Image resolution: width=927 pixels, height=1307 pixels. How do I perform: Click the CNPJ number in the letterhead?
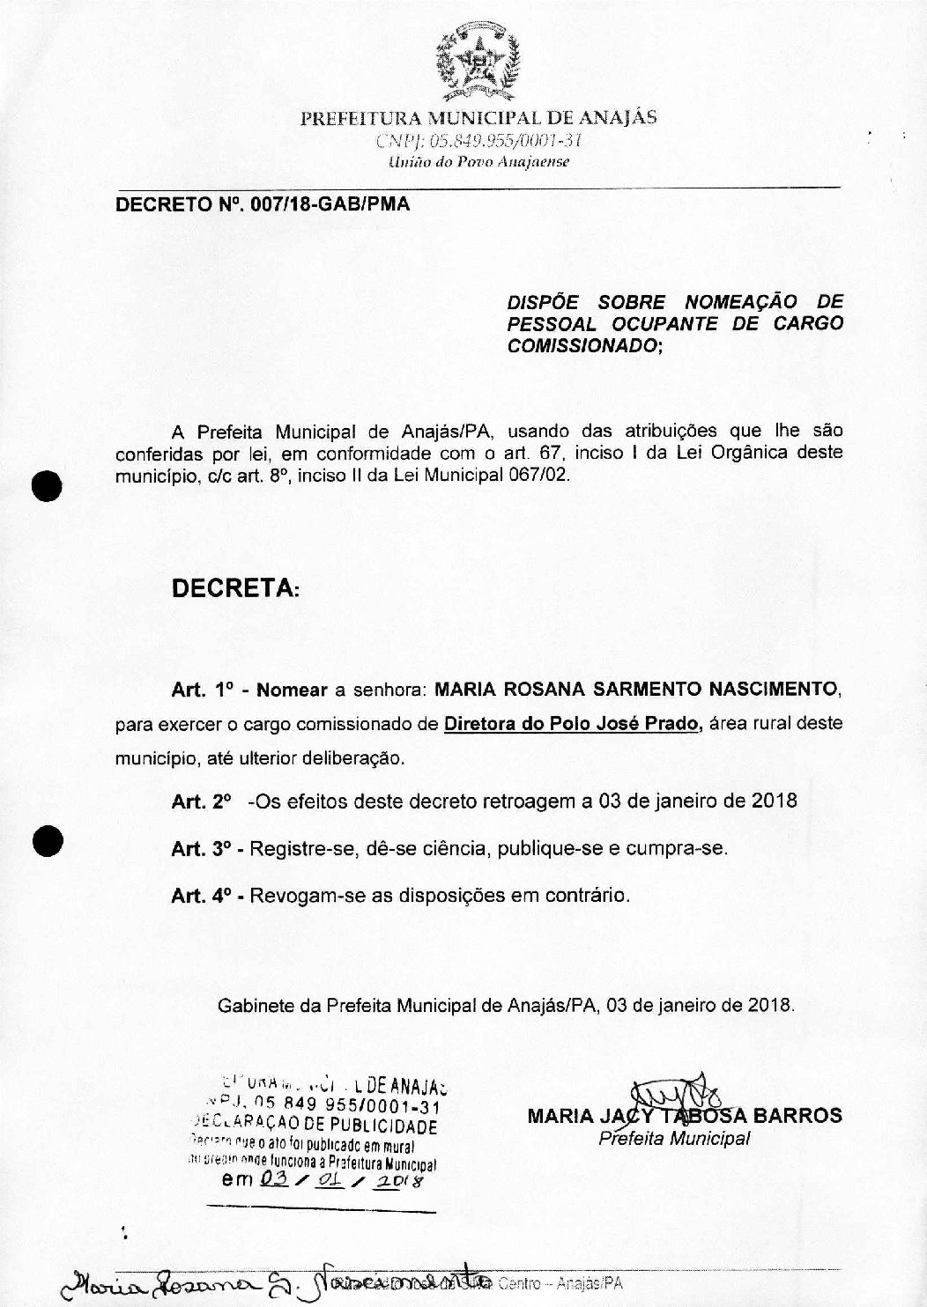[478, 141]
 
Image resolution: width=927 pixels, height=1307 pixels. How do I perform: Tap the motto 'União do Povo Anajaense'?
[478, 162]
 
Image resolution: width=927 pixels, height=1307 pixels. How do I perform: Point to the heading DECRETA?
[234, 587]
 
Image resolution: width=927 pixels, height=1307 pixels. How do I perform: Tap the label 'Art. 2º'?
[201, 801]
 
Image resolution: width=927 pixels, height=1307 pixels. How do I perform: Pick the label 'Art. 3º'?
[201, 849]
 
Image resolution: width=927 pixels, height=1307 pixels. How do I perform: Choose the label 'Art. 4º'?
[201, 897]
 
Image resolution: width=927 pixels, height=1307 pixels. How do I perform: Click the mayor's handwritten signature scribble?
[679, 1095]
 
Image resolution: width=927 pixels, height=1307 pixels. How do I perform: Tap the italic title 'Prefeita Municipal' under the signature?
[674, 1139]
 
